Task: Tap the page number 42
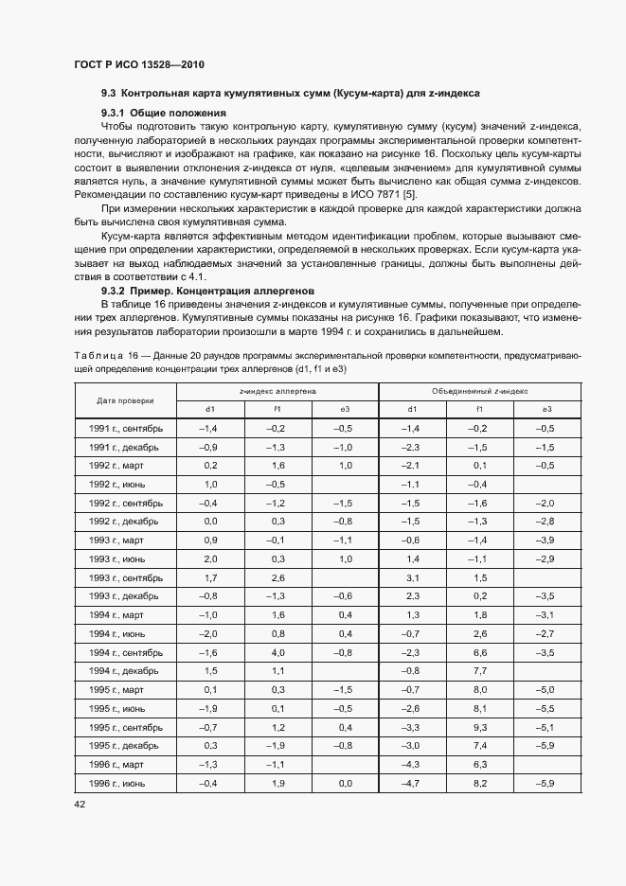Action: click(x=80, y=804)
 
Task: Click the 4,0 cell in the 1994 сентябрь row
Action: click(x=277, y=653)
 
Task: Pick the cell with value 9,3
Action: click(x=479, y=728)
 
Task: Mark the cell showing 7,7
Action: click(x=479, y=671)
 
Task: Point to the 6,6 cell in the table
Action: click(x=479, y=653)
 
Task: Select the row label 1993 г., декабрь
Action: click(x=123, y=596)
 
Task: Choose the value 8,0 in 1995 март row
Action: click(x=479, y=690)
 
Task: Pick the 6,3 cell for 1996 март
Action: click(x=479, y=765)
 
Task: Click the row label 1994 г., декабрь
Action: click(x=123, y=671)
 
